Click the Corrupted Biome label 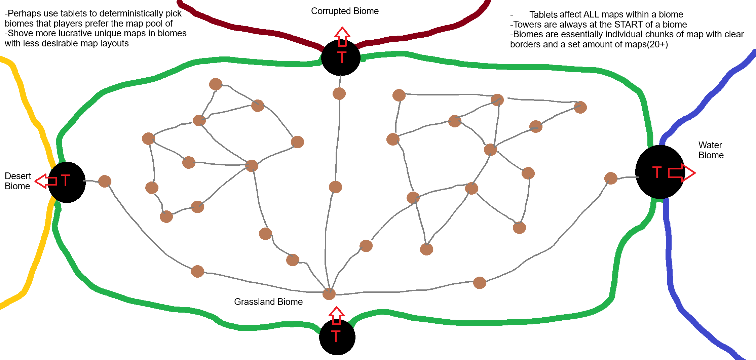point(345,11)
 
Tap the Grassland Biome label point(268,302)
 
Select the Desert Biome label point(17,181)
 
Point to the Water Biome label point(711,150)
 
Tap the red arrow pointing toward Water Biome point(681,173)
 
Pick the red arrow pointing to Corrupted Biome point(342,36)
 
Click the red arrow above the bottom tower point(336,316)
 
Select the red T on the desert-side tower point(65,181)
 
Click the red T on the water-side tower point(656,172)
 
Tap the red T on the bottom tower point(336,336)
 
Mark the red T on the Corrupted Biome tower point(341,57)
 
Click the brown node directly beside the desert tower point(105,181)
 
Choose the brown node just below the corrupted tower point(339,93)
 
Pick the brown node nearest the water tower point(611,178)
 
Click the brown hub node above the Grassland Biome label point(329,294)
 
